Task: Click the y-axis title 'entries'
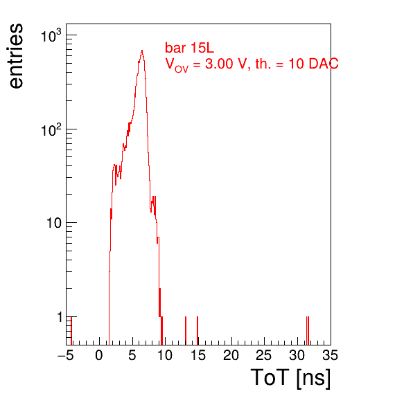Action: pyautogui.click(x=17, y=56)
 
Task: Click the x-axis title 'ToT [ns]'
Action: pyautogui.click(x=290, y=378)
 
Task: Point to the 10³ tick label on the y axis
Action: pyautogui.click(x=51, y=36)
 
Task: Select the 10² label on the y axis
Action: pyautogui.click(x=51, y=129)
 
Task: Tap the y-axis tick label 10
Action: pyautogui.click(x=54, y=223)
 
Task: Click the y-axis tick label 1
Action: pyautogui.click(x=60, y=317)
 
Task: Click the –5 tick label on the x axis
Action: pyautogui.click(x=66, y=355)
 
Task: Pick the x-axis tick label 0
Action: pyautogui.click(x=99, y=355)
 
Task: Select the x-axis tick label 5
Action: pyautogui.click(x=132, y=355)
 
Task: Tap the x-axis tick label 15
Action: pyautogui.click(x=198, y=355)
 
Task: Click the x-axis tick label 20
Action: pyautogui.click(x=231, y=355)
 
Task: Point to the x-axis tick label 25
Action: pyautogui.click(x=264, y=355)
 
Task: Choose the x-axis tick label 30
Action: pyautogui.click(x=297, y=355)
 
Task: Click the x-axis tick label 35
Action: pyautogui.click(x=331, y=355)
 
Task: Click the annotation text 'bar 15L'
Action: pyautogui.click(x=189, y=48)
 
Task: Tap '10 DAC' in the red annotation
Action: pyautogui.click(x=313, y=64)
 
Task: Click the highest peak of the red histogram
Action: pyautogui.click(x=142, y=51)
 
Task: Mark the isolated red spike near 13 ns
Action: pyautogui.click(x=186, y=330)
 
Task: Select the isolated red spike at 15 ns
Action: pyautogui.click(x=197, y=330)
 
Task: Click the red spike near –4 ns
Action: pyautogui.click(x=71, y=330)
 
